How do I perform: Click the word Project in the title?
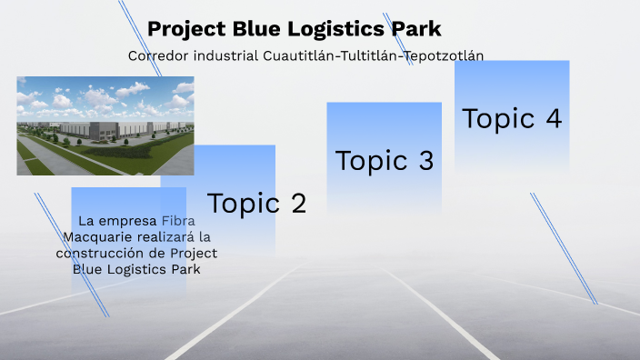pos(180,29)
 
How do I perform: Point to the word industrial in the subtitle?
pos(226,55)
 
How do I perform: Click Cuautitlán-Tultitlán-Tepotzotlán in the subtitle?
pos(373,55)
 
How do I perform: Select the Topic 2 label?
pos(256,203)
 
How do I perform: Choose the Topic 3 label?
pos(385,161)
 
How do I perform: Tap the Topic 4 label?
pos(512,119)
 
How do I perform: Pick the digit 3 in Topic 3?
pos(425,161)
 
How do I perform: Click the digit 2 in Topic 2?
pos(296,203)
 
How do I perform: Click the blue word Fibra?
pos(178,221)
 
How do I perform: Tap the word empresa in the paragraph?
pos(132,221)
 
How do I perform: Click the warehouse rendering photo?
pos(105,125)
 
